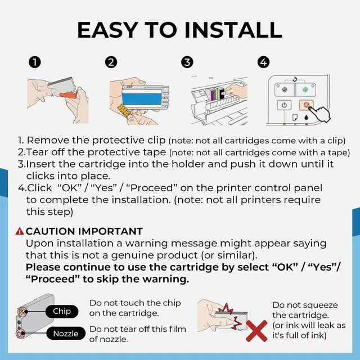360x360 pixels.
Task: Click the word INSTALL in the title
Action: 233,30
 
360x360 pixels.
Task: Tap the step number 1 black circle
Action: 35,62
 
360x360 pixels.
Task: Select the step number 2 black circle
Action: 111,62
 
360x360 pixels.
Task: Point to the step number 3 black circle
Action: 187,62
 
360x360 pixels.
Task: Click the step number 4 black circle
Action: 263,62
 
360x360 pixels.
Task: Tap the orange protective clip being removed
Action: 68,94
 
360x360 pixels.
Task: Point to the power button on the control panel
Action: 284,105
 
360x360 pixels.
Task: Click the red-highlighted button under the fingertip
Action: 306,105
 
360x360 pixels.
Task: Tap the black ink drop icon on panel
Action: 306,118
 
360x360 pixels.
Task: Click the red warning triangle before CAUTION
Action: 20,231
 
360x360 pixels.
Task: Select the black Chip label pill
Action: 62,311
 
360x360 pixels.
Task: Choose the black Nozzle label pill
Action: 66,334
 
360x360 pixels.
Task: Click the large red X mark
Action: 256,331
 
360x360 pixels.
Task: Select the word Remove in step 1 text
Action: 48,140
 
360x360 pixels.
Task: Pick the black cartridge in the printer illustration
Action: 221,93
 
